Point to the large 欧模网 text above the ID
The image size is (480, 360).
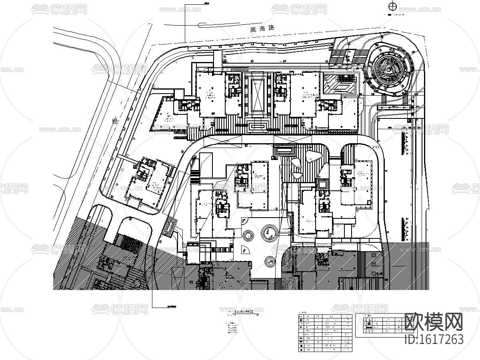click(434, 322)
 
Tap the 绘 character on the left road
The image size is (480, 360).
click(116, 120)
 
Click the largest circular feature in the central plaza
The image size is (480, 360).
click(269, 232)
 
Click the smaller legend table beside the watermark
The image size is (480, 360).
click(379, 324)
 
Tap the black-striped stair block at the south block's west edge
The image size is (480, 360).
click(195, 177)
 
